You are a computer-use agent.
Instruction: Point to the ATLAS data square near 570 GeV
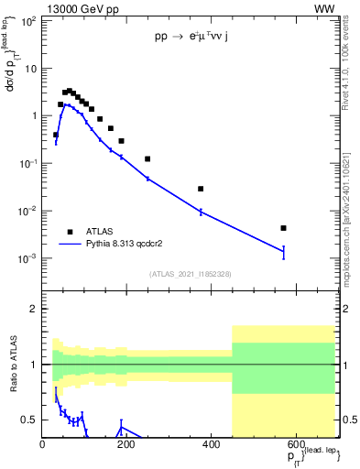click(284, 228)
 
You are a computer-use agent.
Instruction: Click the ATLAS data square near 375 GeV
click(201, 189)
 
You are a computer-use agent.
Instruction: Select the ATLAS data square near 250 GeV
click(147, 158)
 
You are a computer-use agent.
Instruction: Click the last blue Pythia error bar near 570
click(284, 252)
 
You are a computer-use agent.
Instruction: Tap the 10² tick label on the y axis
click(28, 21)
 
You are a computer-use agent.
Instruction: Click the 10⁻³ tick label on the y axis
click(27, 258)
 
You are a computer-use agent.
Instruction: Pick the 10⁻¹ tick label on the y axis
click(27, 163)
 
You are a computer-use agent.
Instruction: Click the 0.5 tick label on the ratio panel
click(30, 420)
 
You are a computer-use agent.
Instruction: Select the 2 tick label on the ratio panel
click(35, 309)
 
